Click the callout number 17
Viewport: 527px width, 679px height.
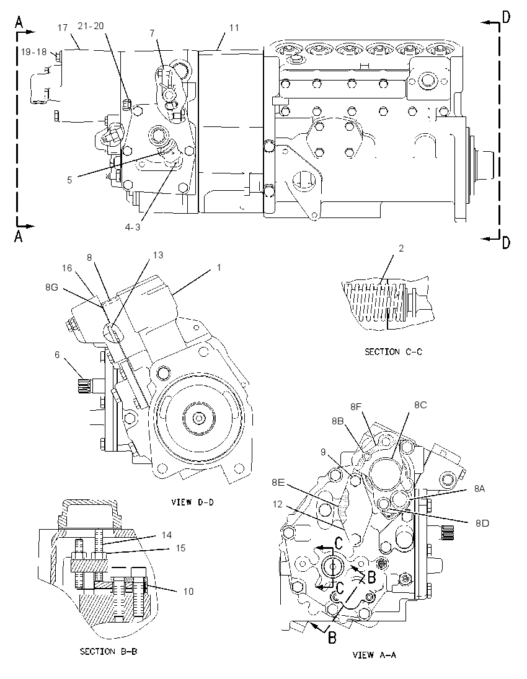click(x=63, y=28)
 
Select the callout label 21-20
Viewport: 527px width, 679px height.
click(x=91, y=26)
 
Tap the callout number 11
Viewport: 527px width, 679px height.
click(x=234, y=28)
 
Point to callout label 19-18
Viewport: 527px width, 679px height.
click(x=34, y=52)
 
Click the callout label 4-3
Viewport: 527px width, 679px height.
click(x=133, y=227)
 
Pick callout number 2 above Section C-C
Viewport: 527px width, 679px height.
click(x=401, y=248)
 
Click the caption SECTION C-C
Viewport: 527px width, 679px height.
click(x=393, y=352)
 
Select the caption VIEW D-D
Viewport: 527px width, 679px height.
click(x=192, y=502)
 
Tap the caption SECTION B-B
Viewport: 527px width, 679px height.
click(x=108, y=651)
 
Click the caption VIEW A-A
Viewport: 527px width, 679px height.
click(x=374, y=655)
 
